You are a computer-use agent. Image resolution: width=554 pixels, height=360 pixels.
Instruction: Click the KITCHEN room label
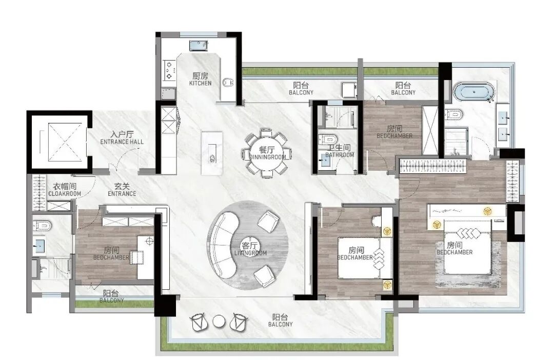point(201,83)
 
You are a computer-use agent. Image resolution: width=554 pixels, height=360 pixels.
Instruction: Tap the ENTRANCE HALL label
point(122,142)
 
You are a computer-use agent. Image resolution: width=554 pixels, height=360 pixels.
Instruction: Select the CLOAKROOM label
point(65,194)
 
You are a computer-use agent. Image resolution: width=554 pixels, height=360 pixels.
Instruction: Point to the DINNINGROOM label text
point(267,157)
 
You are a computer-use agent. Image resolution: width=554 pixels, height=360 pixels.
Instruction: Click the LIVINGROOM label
point(250,253)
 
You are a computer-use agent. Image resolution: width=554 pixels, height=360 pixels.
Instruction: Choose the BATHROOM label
point(340,155)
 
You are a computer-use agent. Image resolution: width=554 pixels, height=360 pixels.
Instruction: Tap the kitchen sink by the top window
point(199,45)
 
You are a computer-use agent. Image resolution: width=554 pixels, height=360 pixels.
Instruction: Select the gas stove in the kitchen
point(169,70)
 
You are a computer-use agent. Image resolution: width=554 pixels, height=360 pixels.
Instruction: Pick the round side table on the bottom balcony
point(219,322)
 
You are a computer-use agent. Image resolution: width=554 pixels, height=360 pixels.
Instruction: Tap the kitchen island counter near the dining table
point(212,153)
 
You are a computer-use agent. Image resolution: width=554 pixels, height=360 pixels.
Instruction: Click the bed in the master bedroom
point(468,247)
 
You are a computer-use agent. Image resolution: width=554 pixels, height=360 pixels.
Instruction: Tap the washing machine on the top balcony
point(349,90)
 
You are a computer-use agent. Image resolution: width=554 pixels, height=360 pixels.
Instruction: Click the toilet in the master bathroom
point(454,114)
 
